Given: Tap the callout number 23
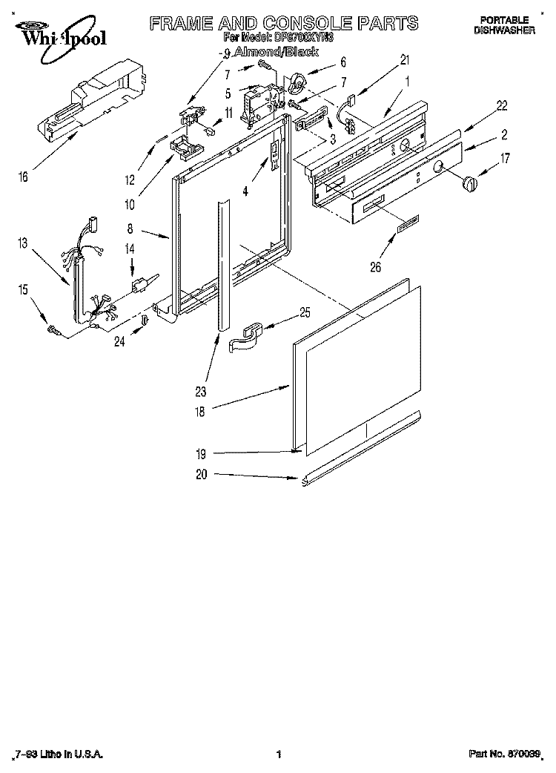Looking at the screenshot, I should pyautogui.click(x=201, y=391).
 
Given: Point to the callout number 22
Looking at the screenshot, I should pyautogui.click(x=502, y=106).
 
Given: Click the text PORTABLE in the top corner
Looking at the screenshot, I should pyautogui.click(x=504, y=19).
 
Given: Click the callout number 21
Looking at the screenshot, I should pyautogui.click(x=404, y=59).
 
